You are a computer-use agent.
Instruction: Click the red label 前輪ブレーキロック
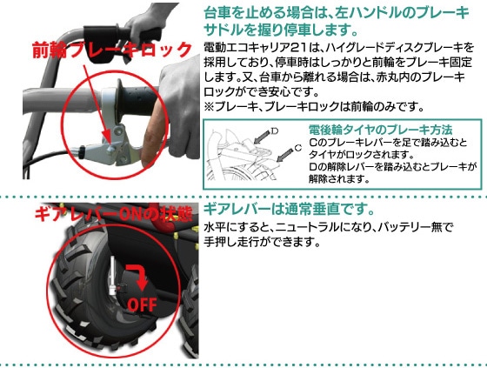pyautogui.click(x=112, y=50)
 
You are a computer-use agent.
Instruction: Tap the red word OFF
pyautogui.click(x=143, y=304)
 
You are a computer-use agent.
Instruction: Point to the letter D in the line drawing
pyautogui.click(x=275, y=130)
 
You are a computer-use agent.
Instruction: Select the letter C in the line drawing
pyautogui.click(x=297, y=148)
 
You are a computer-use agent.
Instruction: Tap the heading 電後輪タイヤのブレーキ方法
pyautogui.click(x=381, y=130)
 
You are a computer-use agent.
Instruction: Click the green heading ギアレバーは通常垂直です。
pyautogui.click(x=289, y=210)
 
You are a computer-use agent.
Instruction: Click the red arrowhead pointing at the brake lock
pyautogui.click(x=107, y=139)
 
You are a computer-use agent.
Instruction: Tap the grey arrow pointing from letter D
pyautogui.click(x=262, y=137)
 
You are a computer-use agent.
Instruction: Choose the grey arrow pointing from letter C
pyautogui.click(x=284, y=155)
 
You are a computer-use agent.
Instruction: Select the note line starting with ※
pyautogui.click(x=314, y=107)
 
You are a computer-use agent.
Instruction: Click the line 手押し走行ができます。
pyautogui.click(x=262, y=242)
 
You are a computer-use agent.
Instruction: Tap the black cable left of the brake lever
pyautogui.click(x=47, y=157)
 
